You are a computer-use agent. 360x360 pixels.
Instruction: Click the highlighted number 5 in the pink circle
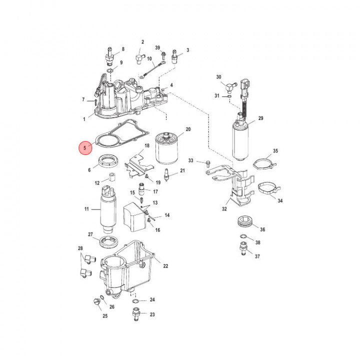[85, 148]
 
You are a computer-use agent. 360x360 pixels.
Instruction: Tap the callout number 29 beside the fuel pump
[260, 118]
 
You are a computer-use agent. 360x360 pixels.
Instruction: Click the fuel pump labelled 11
[108, 210]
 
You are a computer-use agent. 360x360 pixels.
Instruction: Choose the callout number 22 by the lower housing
[165, 265]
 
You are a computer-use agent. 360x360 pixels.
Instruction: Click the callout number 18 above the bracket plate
[147, 145]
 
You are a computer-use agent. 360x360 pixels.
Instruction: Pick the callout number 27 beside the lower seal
[90, 234]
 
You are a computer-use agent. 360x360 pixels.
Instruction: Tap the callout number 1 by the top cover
[84, 119]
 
